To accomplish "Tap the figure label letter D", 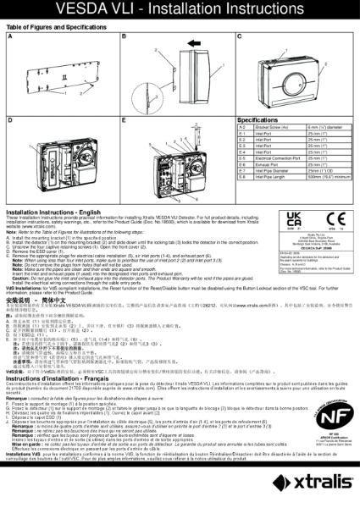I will click(10, 121).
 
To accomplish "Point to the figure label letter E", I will click(125, 121).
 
